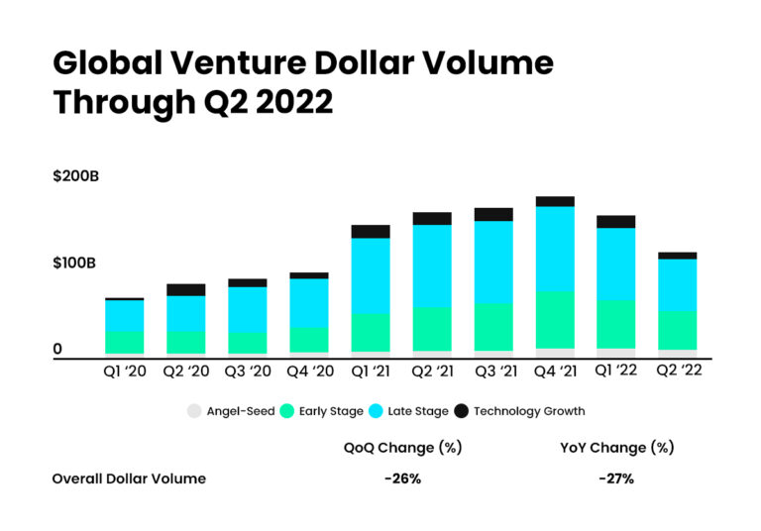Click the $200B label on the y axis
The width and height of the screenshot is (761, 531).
[75, 177]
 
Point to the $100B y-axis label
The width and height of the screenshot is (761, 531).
[73, 264]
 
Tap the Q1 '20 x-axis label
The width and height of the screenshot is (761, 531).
[125, 372]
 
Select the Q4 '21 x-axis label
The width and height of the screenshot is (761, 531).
[555, 372]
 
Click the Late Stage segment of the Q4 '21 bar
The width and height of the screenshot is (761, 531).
[555, 248]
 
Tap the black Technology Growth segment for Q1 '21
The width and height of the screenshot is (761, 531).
[371, 232]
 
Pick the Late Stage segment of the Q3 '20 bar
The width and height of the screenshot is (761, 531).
[248, 309]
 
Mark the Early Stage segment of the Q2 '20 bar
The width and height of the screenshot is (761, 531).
[186, 343]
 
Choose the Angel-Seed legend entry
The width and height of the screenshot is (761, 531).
[232, 411]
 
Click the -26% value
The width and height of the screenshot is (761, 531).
[403, 478]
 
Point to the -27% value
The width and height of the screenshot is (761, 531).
[616, 478]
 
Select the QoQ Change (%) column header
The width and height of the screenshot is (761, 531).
[403, 447]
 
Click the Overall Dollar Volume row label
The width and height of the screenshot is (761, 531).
[129, 478]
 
